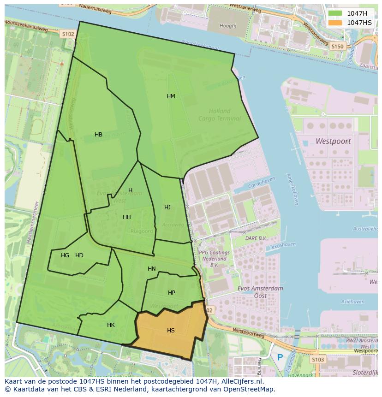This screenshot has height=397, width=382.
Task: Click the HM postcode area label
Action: click(171, 96)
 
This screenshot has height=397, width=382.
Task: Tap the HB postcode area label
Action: click(98, 135)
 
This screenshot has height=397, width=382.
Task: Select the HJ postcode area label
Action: click(167, 207)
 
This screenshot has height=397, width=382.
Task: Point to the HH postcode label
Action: click(127, 217)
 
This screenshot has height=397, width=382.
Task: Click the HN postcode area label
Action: click(152, 269)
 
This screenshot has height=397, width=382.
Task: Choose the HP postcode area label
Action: click(172, 293)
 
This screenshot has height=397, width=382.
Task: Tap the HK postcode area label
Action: click(111, 325)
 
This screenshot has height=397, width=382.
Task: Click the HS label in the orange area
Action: click(171, 331)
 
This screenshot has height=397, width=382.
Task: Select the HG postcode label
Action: click(65, 255)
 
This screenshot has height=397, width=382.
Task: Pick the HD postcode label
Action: click(79, 255)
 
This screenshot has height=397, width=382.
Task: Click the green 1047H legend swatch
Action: click(335, 13)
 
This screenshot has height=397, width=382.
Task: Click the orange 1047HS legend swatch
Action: click(335, 23)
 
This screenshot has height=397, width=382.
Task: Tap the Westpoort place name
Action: click(333, 141)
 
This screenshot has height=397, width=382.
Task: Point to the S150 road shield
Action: click(338, 47)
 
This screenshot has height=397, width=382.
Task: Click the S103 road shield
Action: click(317, 360)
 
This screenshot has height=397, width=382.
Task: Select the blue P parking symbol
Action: click(280, 357)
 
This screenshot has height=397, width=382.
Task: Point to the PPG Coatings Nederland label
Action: click(214, 259)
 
